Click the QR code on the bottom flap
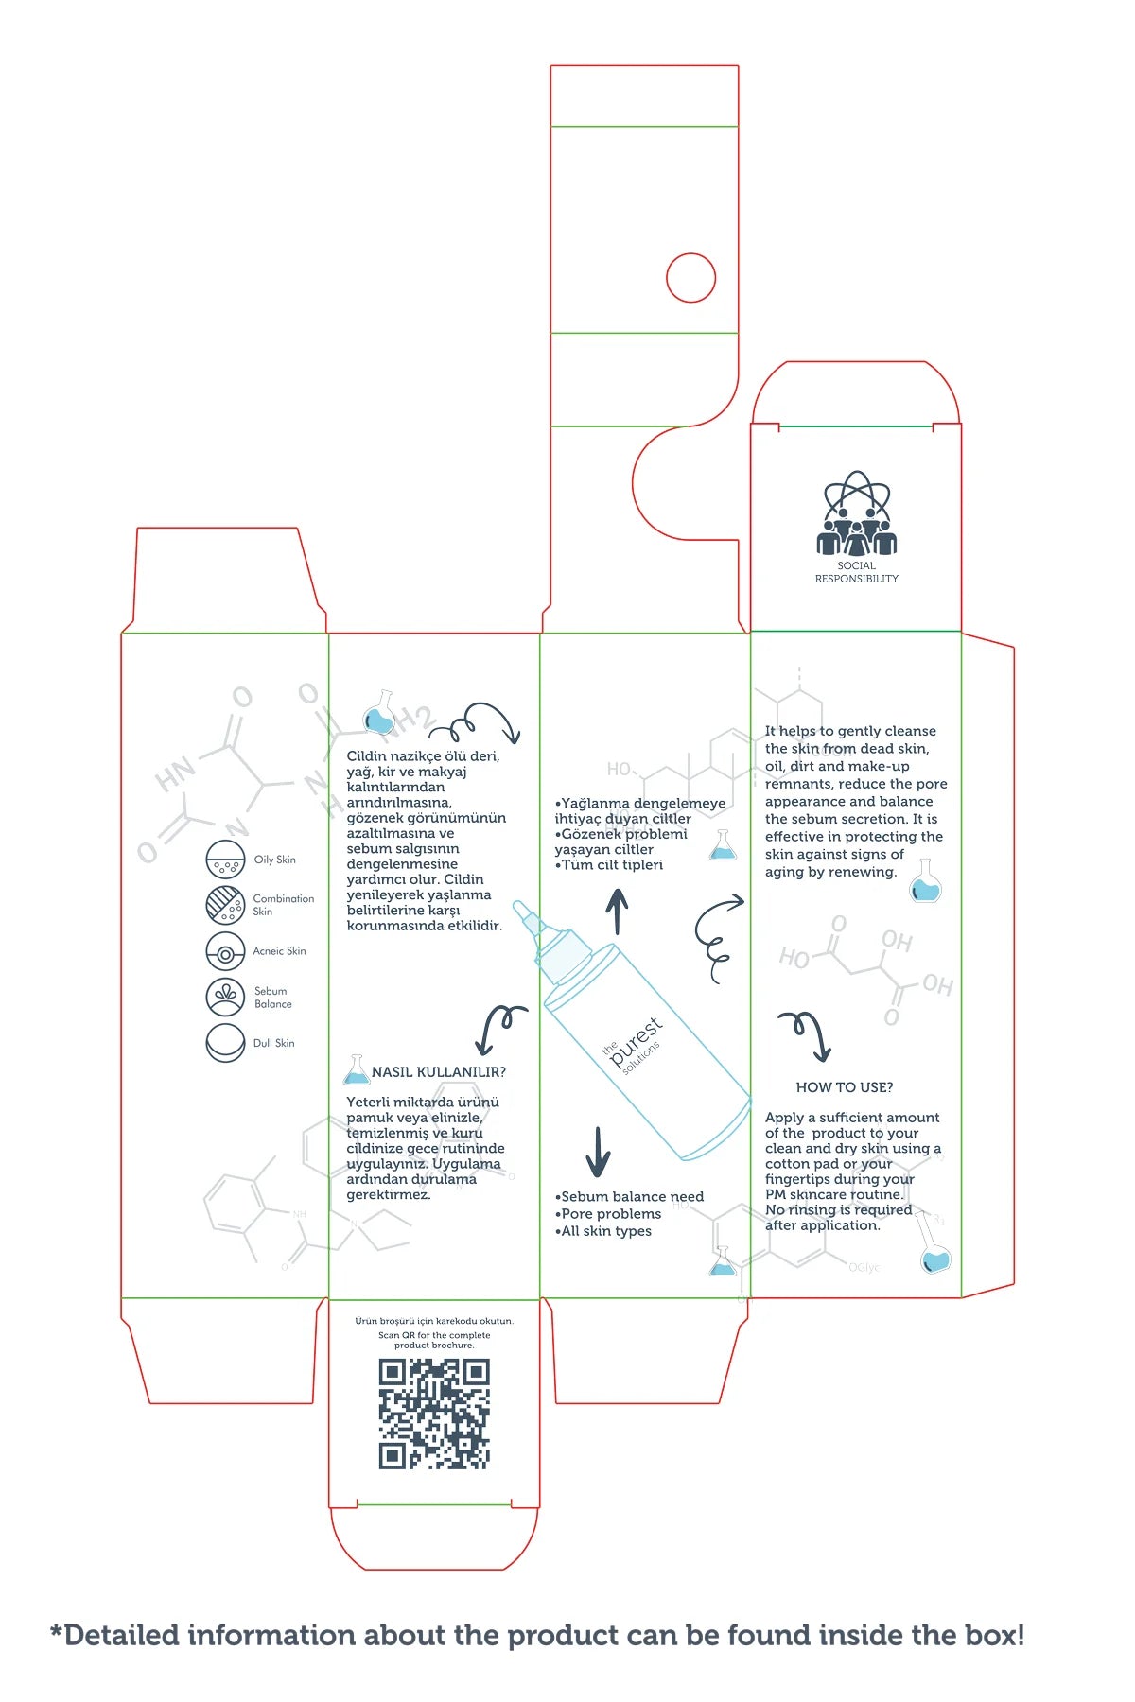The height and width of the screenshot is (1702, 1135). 434,1414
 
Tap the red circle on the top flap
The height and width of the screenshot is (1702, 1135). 690,278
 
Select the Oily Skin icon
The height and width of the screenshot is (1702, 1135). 225,860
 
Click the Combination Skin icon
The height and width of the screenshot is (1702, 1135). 225,904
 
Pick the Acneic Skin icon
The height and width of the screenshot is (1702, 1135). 225,951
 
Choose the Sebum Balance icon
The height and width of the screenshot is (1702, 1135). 225,997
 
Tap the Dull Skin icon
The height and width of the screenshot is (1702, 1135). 225,1043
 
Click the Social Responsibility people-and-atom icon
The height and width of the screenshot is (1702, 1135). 856,515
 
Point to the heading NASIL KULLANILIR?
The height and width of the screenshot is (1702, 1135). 439,1072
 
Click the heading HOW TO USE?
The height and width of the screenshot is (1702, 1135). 845,1087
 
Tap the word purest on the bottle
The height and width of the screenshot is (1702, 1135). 637,1043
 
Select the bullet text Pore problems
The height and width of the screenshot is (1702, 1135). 611,1214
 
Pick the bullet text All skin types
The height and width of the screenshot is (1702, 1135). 606,1231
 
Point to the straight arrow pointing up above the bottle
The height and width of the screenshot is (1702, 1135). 617,912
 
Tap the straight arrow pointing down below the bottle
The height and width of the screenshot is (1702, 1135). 598,1151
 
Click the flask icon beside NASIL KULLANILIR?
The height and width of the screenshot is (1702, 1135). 357,1070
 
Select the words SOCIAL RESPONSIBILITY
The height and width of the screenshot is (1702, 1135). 857,572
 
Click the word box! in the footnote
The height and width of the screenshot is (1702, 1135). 994,1636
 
